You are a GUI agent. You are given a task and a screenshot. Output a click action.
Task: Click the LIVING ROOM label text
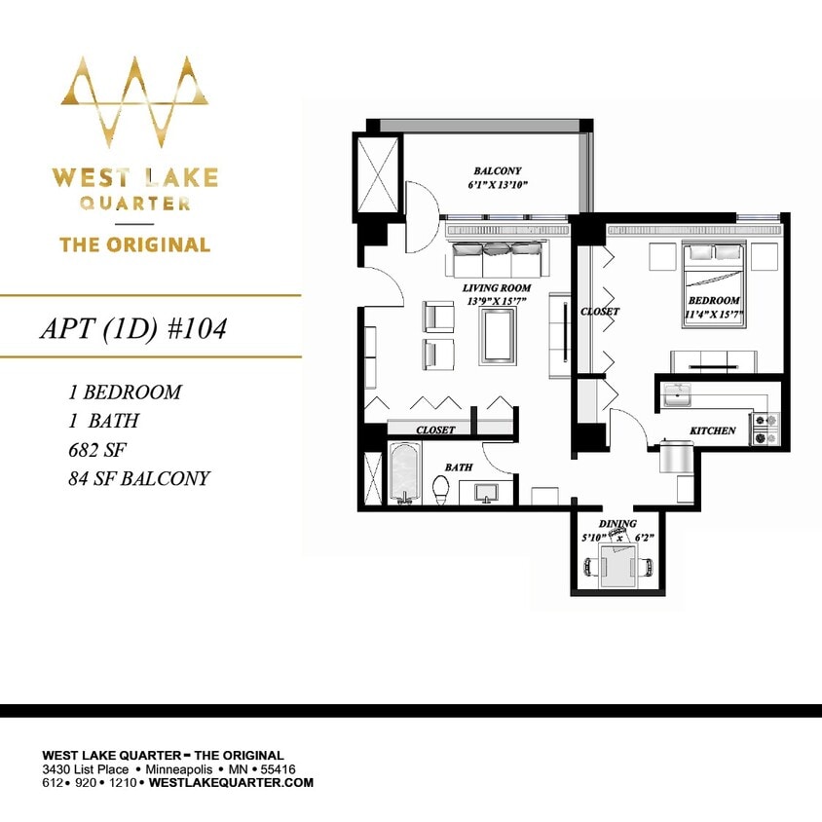coord(497,294)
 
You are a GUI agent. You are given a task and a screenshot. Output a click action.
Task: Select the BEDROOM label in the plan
coord(714,307)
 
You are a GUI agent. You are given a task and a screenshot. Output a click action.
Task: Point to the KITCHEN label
coord(713,430)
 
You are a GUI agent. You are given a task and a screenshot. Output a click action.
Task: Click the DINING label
coord(617,524)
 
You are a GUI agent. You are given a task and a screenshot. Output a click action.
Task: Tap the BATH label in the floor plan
coord(458,467)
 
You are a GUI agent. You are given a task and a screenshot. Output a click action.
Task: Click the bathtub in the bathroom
coord(404,474)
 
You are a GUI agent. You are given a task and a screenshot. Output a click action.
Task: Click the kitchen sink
coord(676,395)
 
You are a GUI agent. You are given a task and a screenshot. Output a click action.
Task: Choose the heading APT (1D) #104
coord(132,328)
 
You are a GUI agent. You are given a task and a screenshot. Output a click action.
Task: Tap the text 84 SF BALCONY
coord(139,478)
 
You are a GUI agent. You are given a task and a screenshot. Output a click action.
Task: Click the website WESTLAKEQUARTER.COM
coord(231,782)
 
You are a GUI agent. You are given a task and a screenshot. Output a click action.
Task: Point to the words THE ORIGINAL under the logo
coord(134,243)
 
